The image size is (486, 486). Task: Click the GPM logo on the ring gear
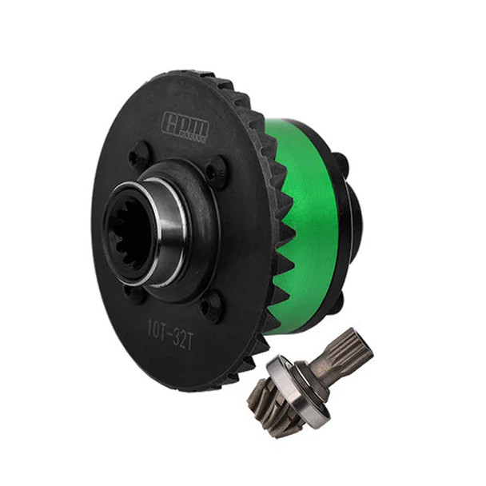185,127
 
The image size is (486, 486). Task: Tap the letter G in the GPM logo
170,125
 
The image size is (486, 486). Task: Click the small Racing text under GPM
193,137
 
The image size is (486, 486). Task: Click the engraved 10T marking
157,325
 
